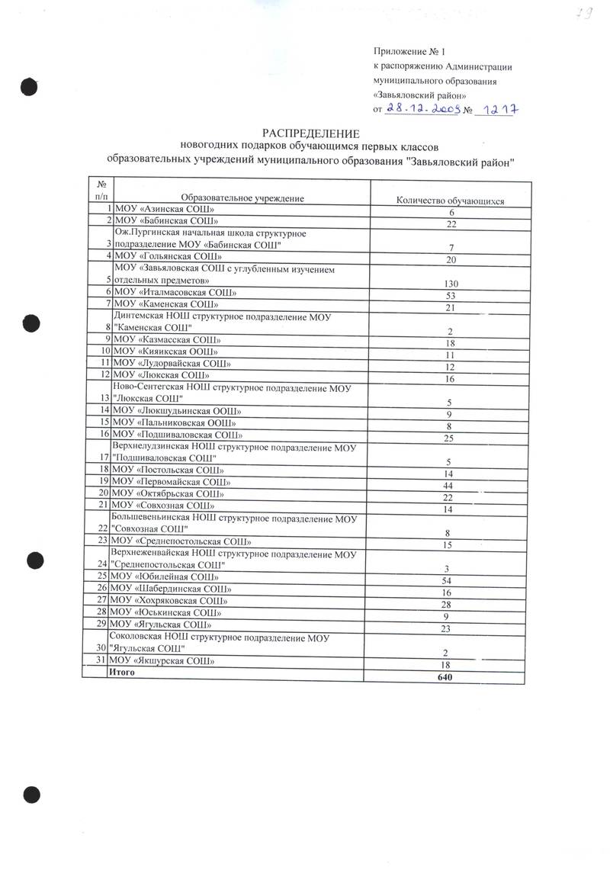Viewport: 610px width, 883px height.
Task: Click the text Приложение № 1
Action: pyautogui.click(x=409, y=52)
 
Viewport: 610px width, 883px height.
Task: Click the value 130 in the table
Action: pyautogui.click(x=452, y=284)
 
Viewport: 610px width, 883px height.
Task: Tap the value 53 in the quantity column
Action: pyautogui.click(x=451, y=295)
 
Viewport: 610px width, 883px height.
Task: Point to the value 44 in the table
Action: pyautogui.click(x=451, y=485)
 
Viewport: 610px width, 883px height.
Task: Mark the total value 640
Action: pyautogui.click(x=452, y=677)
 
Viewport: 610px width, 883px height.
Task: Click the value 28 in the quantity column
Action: pyautogui.click(x=451, y=603)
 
